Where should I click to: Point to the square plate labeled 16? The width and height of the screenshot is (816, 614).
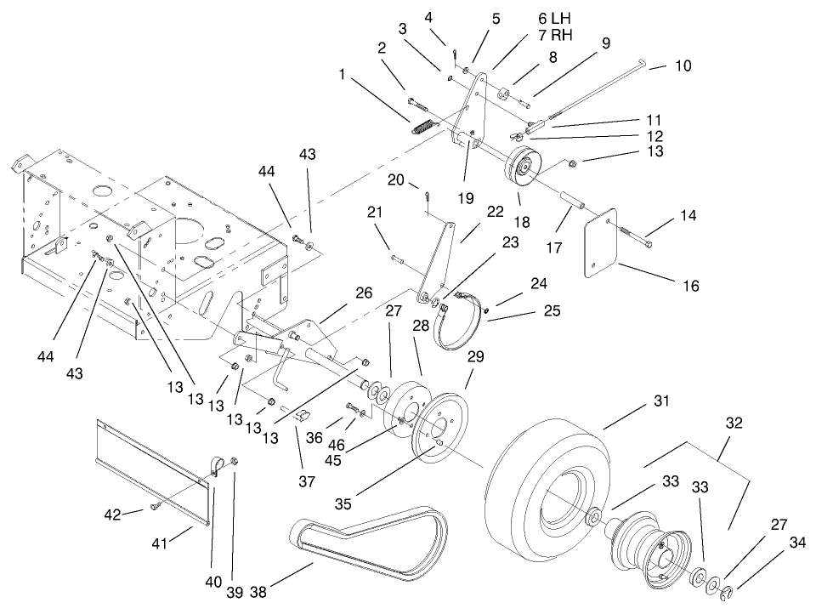tap(605, 242)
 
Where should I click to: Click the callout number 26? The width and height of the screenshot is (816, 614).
tap(364, 293)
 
